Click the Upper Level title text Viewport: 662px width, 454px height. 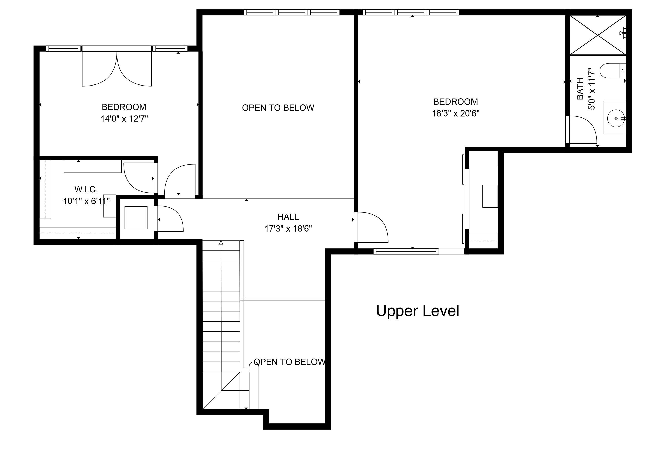[417, 311]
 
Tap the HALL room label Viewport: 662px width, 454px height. [288, 217]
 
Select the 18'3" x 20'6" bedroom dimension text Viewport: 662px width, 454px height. [455, 113]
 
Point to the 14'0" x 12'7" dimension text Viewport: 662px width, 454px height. [124, 119]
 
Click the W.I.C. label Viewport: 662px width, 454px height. [86, 189]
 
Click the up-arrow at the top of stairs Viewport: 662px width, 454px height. [221, 243]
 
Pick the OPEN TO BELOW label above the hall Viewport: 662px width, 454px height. [278, 108]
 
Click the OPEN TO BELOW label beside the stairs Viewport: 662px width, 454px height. [289, 362]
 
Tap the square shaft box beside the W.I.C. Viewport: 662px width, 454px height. [136, 217]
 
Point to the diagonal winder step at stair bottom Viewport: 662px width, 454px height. [221, 391]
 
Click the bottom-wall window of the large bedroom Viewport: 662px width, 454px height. [406, 251]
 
